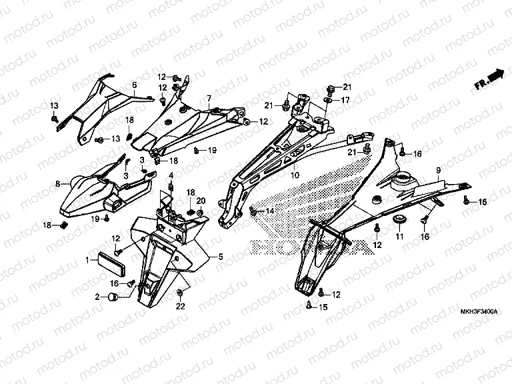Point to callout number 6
click(134, 85)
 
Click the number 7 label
click(209, 98)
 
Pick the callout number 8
click(57, 183)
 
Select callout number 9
click(438, 171)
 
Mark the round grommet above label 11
click(400, 220)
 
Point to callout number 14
click(270, 211)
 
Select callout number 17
click(345, 100)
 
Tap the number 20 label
click(200, 201)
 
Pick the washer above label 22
click(180, 293)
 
